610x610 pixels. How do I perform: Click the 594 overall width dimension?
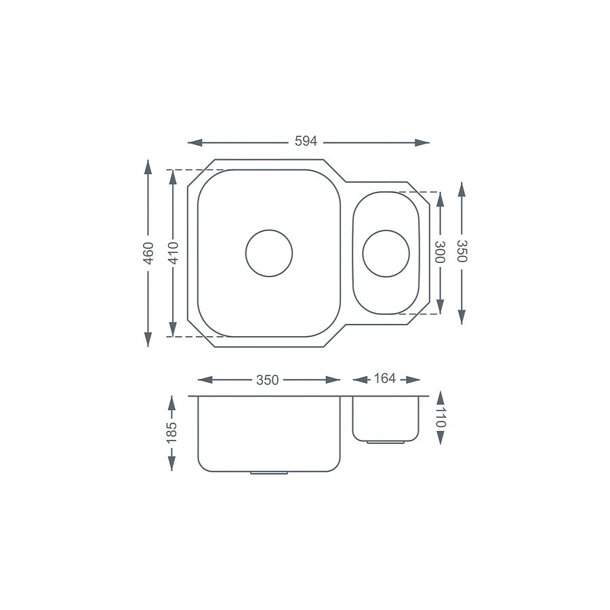[306, 142]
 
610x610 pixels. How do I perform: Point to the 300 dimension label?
[440, 252]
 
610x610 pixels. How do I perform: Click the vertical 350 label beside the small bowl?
[462, 252]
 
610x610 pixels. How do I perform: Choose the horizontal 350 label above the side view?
[267, 380]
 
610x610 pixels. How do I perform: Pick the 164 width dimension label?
[384, 379]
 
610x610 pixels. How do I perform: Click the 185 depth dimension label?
[171, 431]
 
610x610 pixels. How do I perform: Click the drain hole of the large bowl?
[269, 253]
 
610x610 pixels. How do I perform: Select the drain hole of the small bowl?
[386, 253]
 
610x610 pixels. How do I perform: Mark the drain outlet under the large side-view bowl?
[269, 472]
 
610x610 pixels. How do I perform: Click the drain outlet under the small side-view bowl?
[385, 442]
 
